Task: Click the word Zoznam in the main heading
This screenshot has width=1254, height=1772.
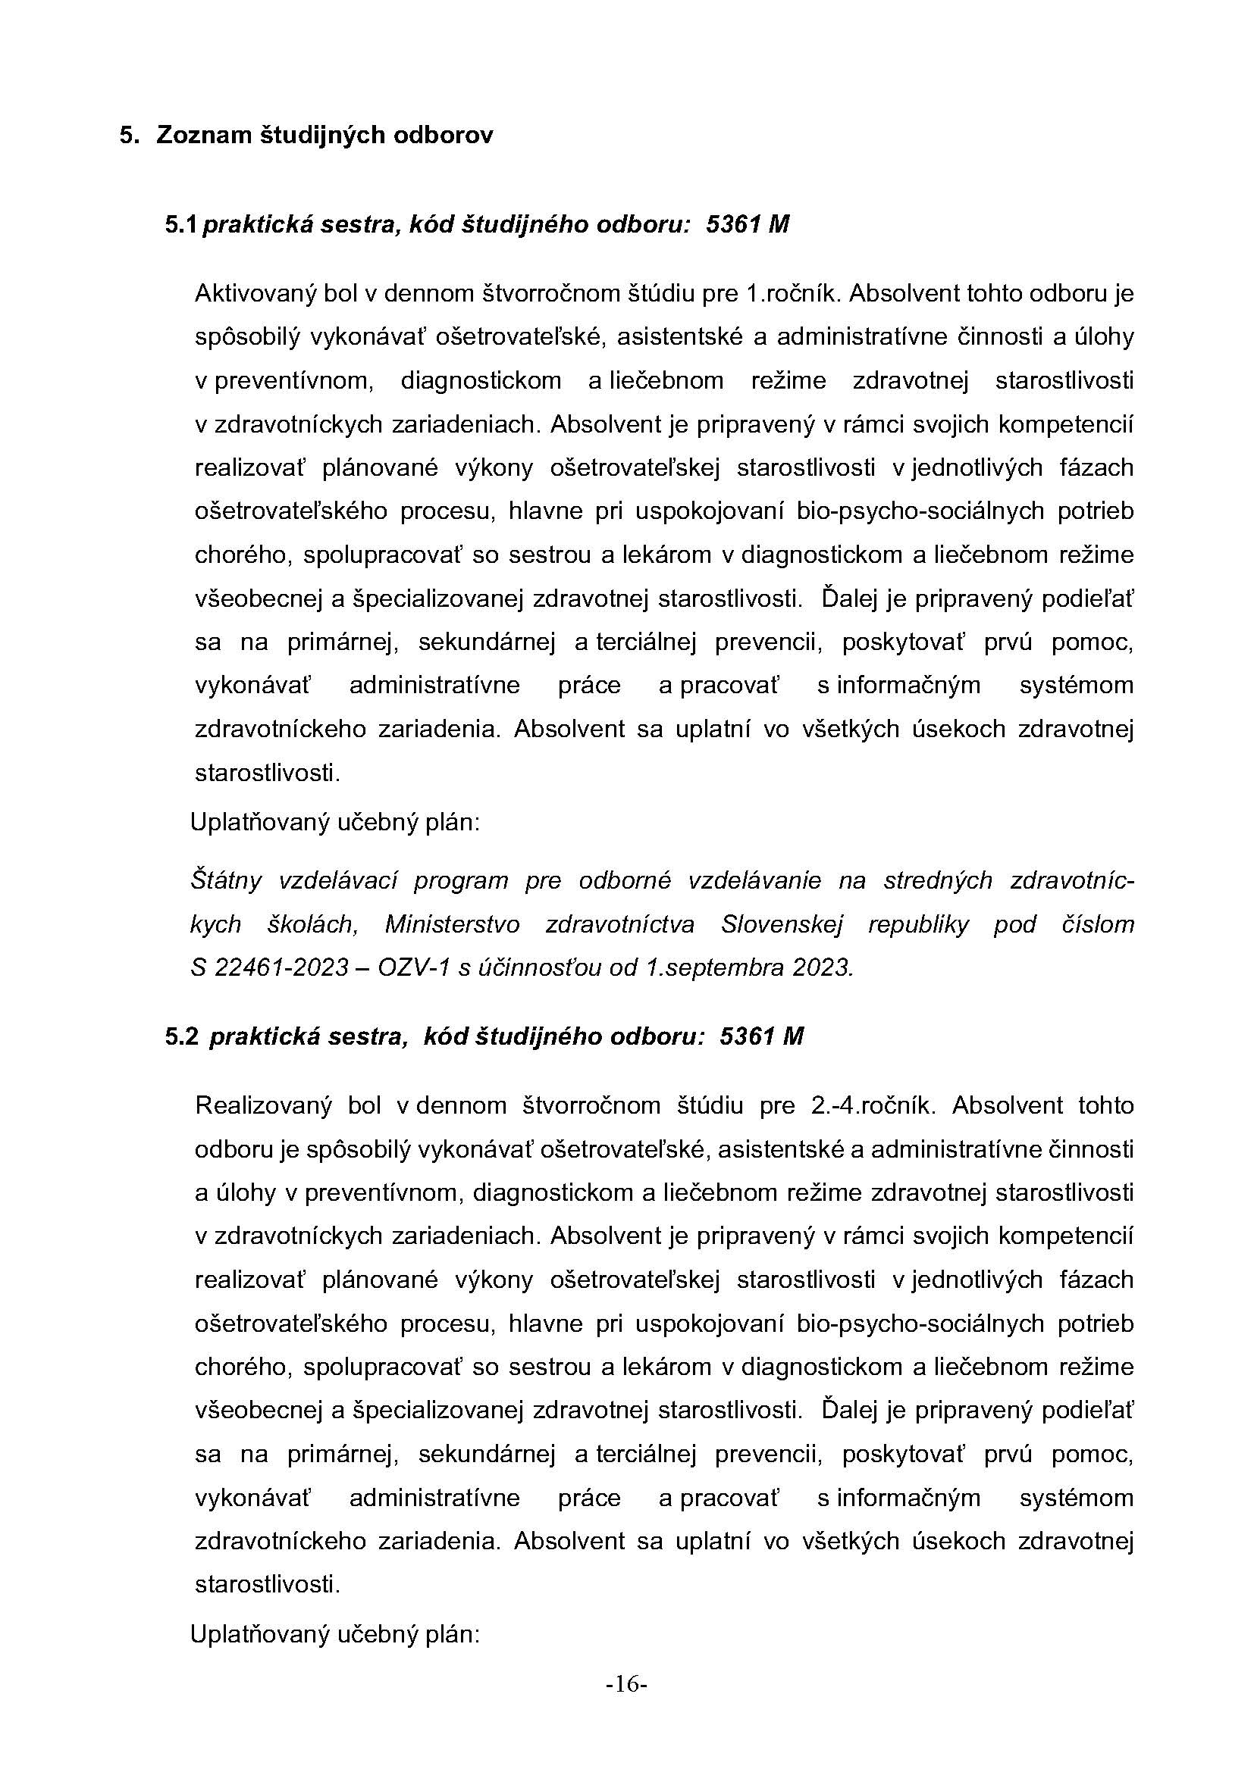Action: point(204,135)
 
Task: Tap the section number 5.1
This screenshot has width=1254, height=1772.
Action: point(181,224)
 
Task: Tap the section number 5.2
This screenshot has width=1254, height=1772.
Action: point(182,1036)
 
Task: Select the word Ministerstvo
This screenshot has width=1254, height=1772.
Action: point(453,924)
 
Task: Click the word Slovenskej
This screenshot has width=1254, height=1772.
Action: point(782,924)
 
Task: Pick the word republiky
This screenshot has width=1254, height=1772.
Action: point(918,924)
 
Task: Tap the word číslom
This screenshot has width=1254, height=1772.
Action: point(1097,924)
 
